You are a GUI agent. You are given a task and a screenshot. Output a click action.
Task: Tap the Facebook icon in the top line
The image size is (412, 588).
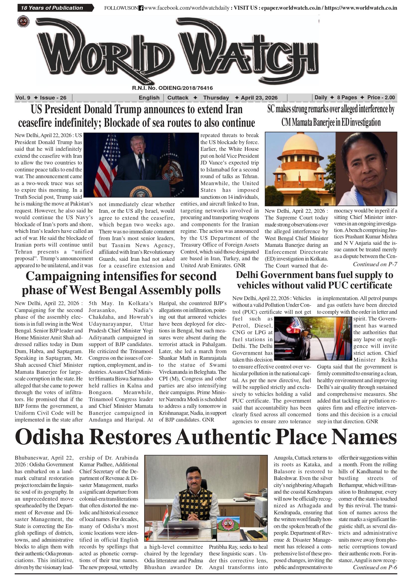[141, 8]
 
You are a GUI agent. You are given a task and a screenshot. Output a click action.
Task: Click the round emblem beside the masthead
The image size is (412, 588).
[23, 21]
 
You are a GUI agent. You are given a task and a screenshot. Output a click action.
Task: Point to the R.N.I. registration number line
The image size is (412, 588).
[172, 88]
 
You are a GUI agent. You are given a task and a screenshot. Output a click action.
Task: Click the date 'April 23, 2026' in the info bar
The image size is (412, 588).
[259, 98]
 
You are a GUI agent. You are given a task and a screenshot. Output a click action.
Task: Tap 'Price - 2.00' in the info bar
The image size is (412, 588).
[381, 97]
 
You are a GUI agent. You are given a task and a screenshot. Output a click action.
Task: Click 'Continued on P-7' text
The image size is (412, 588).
[375, 264]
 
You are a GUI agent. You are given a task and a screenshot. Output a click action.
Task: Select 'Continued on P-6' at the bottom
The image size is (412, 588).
[375, 567]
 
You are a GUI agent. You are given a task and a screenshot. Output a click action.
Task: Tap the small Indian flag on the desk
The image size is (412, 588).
[165, 515]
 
